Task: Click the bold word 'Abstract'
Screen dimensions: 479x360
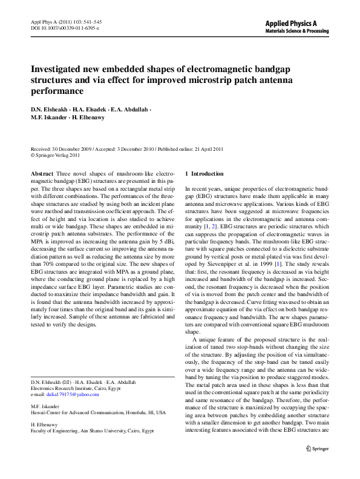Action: coord(42,173)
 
